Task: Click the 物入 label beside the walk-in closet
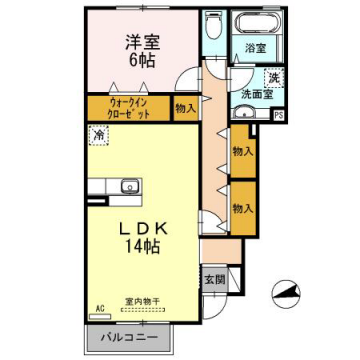184,108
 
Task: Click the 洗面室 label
256,96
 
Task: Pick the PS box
278,115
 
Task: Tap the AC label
100,307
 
